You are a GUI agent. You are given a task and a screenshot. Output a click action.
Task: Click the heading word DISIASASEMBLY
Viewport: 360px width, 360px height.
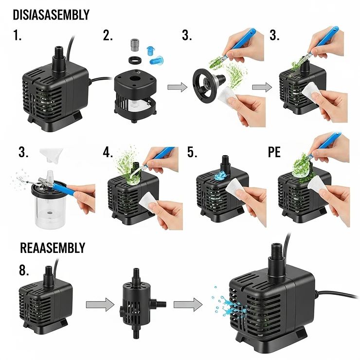coord(51,14)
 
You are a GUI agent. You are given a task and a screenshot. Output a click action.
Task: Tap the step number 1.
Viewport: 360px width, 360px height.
coord(18,36)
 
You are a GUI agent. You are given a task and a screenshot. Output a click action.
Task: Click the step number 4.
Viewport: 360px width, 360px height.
coord(108,152)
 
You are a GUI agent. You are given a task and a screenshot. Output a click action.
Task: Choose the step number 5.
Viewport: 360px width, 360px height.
coord(192,152)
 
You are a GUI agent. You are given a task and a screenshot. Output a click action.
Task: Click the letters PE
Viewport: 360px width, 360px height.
coord(274,152)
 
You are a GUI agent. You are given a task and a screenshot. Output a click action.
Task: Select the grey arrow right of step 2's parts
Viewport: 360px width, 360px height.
coord(177,87)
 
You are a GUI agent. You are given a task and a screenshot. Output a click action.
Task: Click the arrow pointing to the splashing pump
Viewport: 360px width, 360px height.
coord(188,305)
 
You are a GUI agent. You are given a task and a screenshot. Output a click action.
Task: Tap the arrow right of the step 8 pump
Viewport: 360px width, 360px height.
coord(96,305)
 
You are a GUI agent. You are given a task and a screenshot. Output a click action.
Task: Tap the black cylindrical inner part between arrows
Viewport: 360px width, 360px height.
coord(135,304)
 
